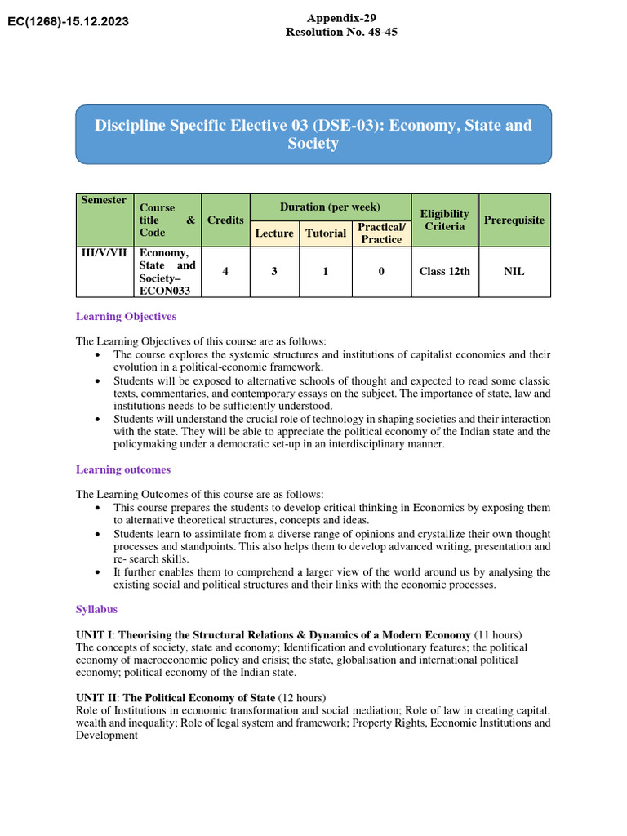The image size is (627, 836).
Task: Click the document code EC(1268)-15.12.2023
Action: click(68, 21)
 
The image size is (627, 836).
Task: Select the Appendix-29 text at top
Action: click(341, 18)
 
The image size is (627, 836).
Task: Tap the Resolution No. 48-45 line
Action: click(341, 32)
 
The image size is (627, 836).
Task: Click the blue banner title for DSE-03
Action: click(313, 134)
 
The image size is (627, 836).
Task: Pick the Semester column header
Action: click(104, 200)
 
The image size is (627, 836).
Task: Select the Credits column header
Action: click(225, 220)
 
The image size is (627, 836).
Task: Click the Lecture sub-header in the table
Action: click(274, 233)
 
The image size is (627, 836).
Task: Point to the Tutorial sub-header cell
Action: click(326, 233)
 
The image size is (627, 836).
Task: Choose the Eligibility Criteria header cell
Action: click(444, 220)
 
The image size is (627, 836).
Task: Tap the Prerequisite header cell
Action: click(514, 220)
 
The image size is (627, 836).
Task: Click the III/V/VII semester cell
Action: click(104, 253)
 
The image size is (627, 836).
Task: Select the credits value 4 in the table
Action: click(225, 271)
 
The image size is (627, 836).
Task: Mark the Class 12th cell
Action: click(444, 271)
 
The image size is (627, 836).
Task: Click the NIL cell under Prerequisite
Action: click(514, 271)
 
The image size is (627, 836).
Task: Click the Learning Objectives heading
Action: click(126, 316)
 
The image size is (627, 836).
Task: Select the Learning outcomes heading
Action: click(123, 469)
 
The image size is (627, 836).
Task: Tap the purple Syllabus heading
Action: click(96, 610)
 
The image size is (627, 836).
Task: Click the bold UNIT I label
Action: click(96, 635)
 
